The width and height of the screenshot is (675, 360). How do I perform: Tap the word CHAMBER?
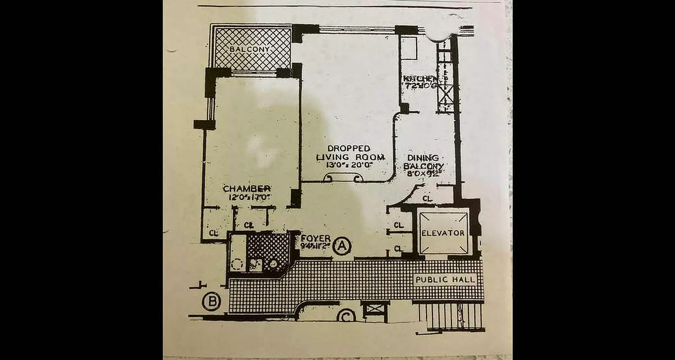(x=247, y=189)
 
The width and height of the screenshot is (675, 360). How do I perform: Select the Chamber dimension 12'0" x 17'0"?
(x=248, y=197)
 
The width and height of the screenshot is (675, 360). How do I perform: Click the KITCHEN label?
(x=418, y=79)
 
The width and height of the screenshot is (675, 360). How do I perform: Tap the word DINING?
(x=423, y=158)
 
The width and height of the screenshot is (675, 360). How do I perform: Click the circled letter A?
(x=342, y=246)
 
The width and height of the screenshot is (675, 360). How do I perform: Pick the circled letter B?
(x=211, y=301)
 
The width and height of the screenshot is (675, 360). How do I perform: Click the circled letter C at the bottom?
(x=346, y=316)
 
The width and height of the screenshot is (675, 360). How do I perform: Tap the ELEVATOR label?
(x=443, y=233)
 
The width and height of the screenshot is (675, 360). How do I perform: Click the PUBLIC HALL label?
(x=445, y=279)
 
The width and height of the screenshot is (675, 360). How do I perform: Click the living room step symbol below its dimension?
(x=343, y=178)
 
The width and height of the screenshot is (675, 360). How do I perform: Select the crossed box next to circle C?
(x=375, y=309)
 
